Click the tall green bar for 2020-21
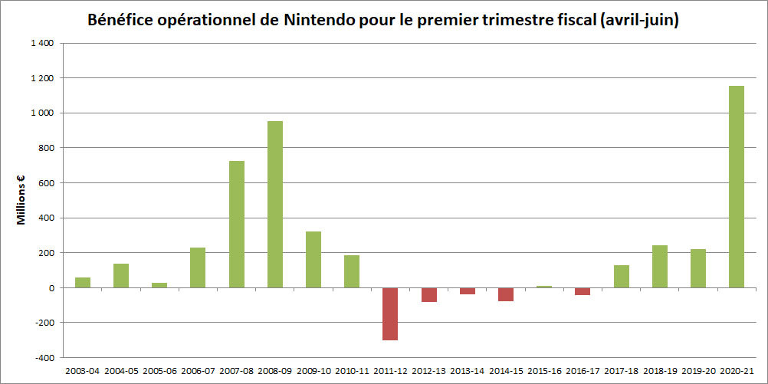pyautogui.click(x=736, y=186)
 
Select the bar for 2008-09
pyautogui.click(x=274, y=204)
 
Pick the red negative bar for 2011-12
pyautogui.click(x=390, y=313)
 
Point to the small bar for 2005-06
pyautogui.click(x=159, y=285)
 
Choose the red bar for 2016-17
pyautogui.click(x=583, y=291)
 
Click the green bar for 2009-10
pyautogui.click(x=313, y=259)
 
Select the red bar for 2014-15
pyautogui.click(x=505, y=294)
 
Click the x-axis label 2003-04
pyautogui.click(x=83, y=370)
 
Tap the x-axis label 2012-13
pyautogui.click(x=428, y=370)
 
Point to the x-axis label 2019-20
pyautogui.click(x=697, y=370)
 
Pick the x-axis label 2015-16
pyautogui.click(x=543, y=370)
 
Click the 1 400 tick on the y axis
pyautogui.click(x=42, y=44)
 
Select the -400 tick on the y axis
pyautogui.click(x=42, y=357)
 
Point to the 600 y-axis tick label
pyautogui.click(x=46, y=183)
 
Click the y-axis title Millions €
pyautogui.click(x=21, y=201)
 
